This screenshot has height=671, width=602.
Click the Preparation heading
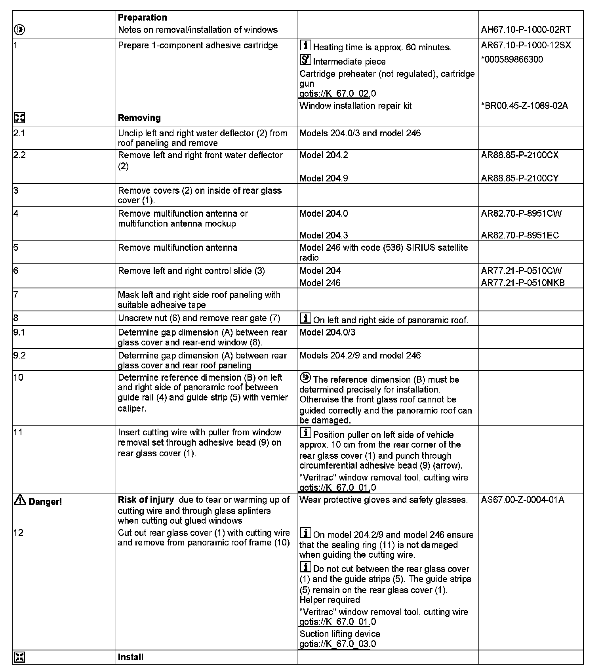142,17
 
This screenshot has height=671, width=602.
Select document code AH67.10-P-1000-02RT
526,30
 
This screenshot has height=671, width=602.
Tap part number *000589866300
512,59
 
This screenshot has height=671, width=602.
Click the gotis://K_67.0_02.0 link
337,94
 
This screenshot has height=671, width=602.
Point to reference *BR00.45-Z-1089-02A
524,106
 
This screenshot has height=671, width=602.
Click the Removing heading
139,118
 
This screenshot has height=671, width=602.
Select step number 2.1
19,133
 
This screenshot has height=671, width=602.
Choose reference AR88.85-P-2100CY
520,178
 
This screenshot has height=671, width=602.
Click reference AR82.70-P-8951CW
521,213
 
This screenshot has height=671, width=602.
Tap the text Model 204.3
324,235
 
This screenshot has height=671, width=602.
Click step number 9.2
19,355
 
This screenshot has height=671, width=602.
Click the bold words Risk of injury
146,500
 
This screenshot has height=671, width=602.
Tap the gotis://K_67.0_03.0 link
337,644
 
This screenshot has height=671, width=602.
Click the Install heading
130,657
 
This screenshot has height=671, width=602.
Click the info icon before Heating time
305,46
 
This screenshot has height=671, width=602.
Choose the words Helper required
330,600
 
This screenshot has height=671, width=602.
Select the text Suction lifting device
339,634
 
